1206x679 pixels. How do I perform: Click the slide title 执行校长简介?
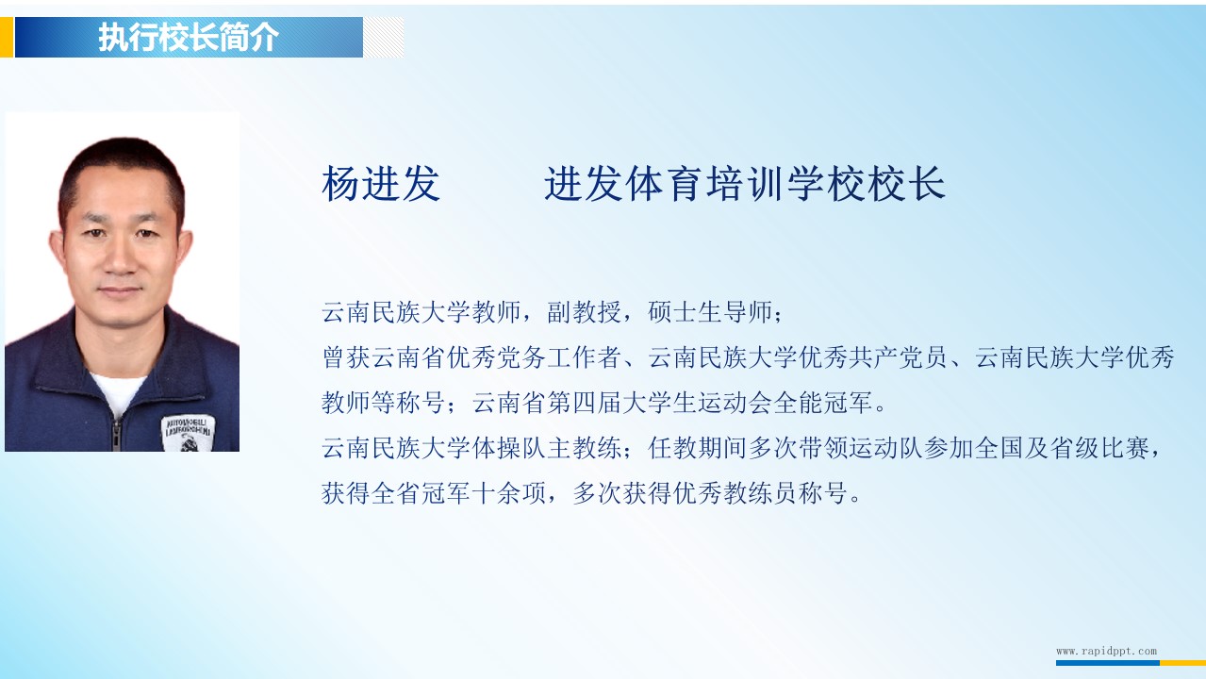(189, 37)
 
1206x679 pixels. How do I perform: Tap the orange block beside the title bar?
(7, 37)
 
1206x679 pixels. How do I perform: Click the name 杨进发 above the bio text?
(381, 184)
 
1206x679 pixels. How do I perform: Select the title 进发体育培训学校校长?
(745, 184)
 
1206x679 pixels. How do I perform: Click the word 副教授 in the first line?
(585, 312)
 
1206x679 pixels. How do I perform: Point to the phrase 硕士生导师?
(710, 312)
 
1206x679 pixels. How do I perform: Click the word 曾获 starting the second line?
(346, 357)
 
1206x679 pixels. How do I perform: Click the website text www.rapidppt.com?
(1106, 651)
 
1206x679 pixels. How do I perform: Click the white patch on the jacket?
(188, 433)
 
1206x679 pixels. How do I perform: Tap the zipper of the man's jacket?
(116, 434)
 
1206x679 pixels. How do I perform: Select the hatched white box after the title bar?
(384, 37)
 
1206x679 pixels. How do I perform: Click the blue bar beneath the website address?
(1108, 663)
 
